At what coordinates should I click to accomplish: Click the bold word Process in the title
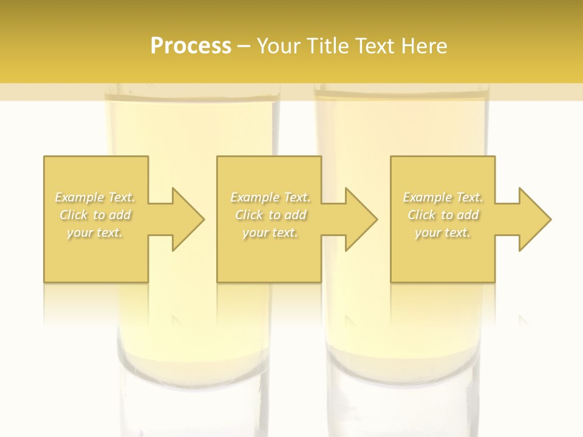pos(191,46)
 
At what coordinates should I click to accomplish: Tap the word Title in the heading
pos(327,46)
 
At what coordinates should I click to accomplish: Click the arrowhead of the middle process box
pos(361,219)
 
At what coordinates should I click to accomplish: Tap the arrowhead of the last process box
pos(534,219)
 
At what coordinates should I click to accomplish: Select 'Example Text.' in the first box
pos(95,197)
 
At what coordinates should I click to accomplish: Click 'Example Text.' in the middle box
pos(270,197)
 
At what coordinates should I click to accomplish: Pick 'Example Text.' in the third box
pos(443,197)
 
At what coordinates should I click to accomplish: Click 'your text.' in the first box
pos(95,232)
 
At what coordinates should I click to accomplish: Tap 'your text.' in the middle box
pos(270,232)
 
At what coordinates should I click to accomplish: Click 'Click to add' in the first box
pos(95,215)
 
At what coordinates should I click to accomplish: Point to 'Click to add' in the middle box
pos(270,215)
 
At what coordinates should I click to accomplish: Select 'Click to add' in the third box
pos(443,215)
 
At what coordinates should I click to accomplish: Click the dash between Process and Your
pos(244,47)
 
